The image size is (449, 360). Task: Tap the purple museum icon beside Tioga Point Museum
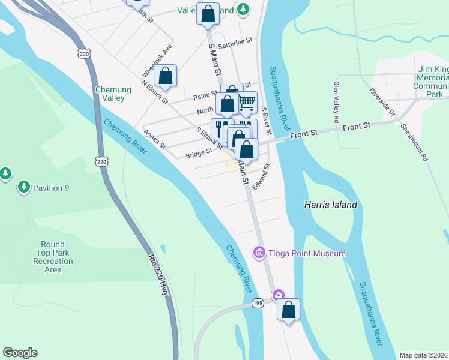[x=259, y=253]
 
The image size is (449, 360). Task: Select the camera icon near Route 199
[x=278, y=295]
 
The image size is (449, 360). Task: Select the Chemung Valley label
[x=110, y=94]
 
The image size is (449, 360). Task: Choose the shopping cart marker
[x=247, y=103]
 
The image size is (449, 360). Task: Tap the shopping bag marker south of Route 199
[x=289, y=310]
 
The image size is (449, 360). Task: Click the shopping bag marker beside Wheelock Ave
[x=166, y=76]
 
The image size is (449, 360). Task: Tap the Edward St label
[x=262, y=177]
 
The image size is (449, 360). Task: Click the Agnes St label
[x=154, y=139]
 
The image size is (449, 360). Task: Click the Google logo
[x=20, y=353]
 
